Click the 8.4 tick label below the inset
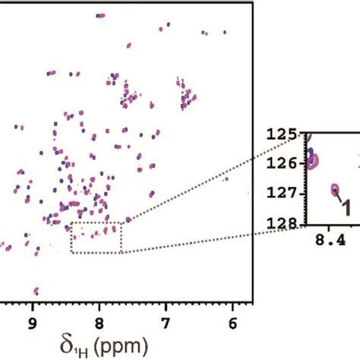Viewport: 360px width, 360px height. [329, 238]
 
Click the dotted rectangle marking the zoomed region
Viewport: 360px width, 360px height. [96, 237]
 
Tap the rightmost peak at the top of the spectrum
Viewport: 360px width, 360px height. [225, 33]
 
